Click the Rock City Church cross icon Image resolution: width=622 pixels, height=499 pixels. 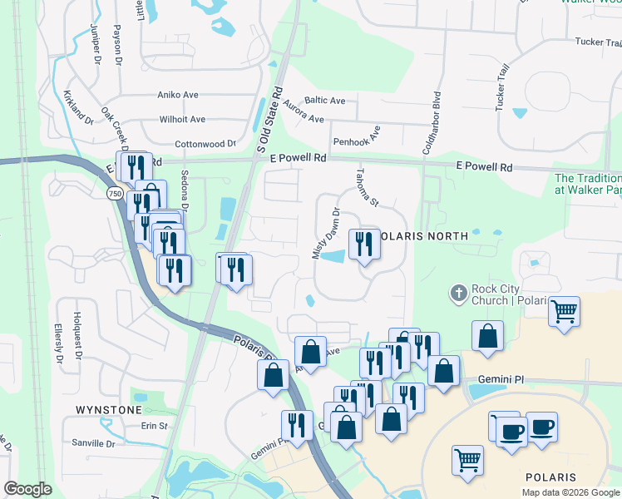point(457,293)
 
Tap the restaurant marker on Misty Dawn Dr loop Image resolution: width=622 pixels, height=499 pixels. point(363,244)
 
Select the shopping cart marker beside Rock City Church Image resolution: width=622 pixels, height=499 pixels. point(565,312)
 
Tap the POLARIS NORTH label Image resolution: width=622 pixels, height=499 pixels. point(423,236)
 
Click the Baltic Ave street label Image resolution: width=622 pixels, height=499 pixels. point(325,101)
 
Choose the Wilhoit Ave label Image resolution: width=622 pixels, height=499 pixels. point(182,120)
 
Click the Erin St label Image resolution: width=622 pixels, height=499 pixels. point(155,426)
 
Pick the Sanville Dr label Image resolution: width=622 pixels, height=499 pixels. point(91,443)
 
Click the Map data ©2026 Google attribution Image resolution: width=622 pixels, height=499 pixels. point(570,492)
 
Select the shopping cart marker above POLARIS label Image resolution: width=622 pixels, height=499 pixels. point(467,459)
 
